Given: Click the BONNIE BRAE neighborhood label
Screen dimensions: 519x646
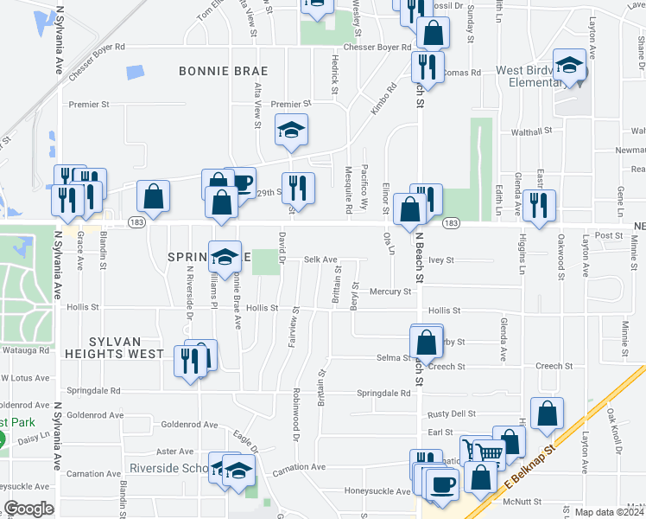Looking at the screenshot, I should point(223,71).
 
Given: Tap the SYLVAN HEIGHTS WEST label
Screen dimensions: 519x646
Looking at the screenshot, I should point(114,354).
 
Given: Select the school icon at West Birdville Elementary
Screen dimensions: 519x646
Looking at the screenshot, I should point(570,66).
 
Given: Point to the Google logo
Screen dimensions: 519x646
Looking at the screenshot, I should point(28,509).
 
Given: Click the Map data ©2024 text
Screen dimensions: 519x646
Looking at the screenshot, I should point(608,512).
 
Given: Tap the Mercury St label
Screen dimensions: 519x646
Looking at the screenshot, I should point(390,292).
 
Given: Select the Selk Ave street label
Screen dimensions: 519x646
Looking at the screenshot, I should point(320,259).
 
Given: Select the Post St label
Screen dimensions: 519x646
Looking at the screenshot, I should point(609,235).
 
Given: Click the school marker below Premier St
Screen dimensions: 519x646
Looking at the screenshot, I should point(291,131).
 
